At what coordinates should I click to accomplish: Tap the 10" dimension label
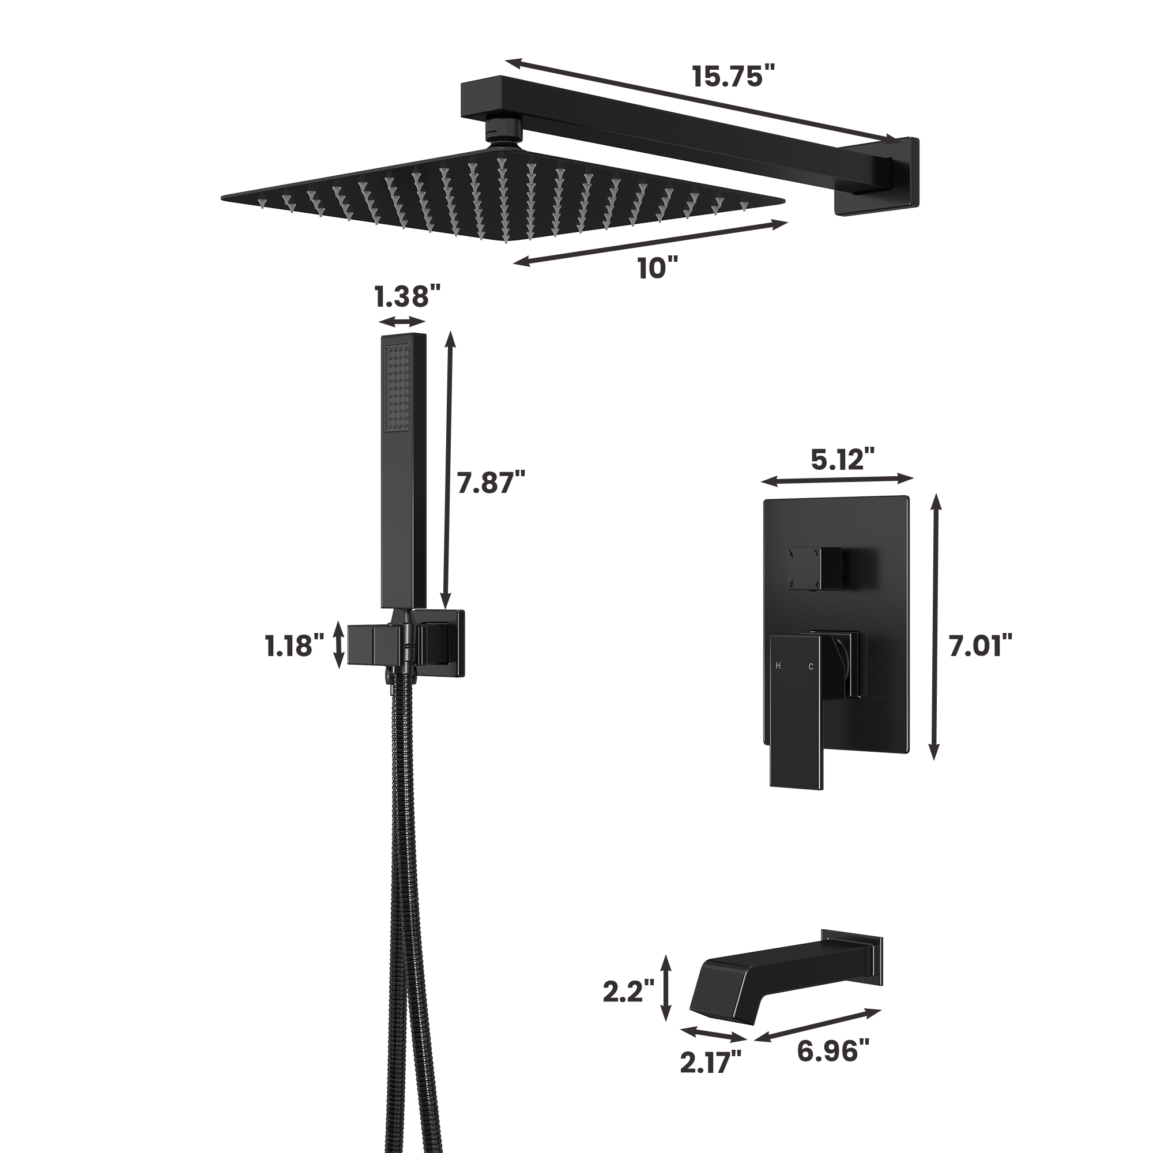click(658, 268)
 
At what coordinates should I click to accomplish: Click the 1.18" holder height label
click(295, 646)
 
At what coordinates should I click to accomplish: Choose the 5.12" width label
click(842, 459)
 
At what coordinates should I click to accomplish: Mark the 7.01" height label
click(981, 646)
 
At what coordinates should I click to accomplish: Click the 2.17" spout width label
click(710, 1062)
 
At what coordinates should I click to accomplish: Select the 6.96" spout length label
click(833, 1050)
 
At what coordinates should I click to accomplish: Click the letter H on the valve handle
click(778, 665)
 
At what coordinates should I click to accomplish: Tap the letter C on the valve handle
click(811, 666)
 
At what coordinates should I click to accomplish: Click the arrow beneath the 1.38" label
click(403, 322)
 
